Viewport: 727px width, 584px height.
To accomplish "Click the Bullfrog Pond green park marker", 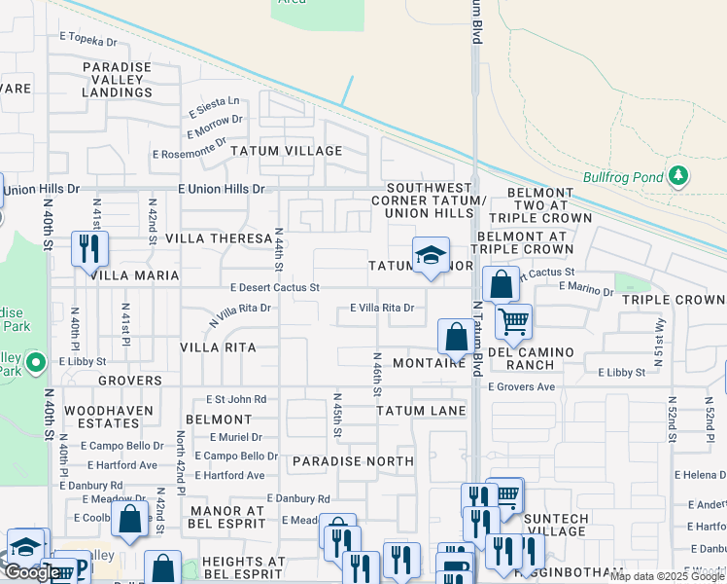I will tap(678, 176).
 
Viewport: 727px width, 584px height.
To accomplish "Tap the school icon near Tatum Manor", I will tap(431, 256).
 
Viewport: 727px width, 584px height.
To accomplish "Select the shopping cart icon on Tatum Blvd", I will tap(512, 319).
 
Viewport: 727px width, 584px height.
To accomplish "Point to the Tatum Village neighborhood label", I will tap(286, 151).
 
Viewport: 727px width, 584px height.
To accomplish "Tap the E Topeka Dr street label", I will tap(87, 41).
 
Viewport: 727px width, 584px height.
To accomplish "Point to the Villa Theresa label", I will tap(218, 237).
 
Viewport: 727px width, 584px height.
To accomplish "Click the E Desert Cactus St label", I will tap(275, 287).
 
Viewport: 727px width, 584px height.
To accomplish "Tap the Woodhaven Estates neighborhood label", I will tap(101, 418).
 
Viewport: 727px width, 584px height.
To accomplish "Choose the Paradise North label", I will tap(353, 461).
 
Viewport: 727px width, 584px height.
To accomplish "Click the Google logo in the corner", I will tap(30, 572).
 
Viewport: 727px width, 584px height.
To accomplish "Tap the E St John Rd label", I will tap(236, 399).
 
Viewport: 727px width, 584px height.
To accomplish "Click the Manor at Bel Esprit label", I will tap(227, 517).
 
